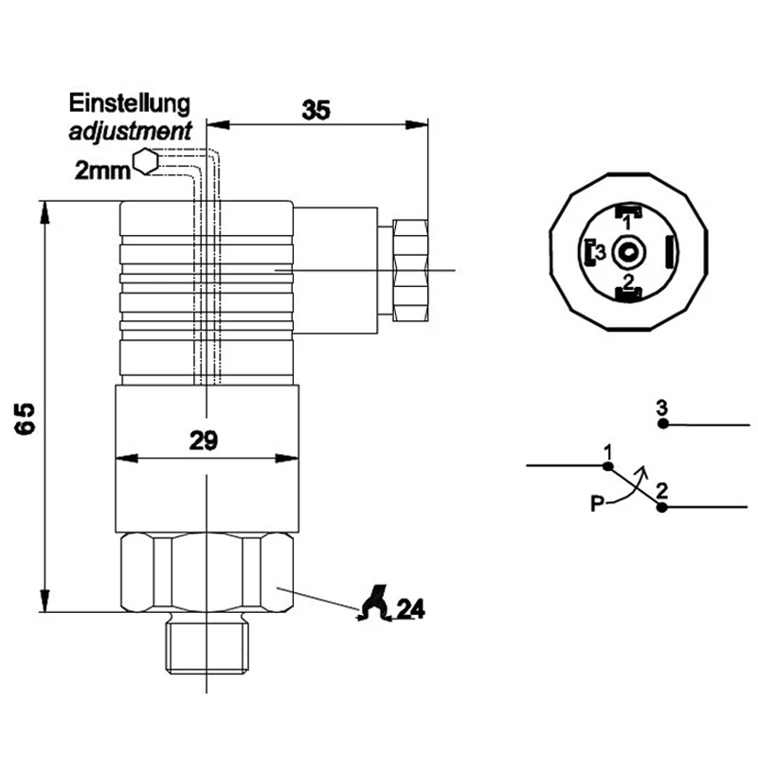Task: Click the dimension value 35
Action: point(316,110)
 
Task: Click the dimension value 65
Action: point(26,418)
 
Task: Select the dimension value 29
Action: point(204,440)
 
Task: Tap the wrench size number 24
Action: point(409,609)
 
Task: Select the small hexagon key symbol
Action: point(146,162)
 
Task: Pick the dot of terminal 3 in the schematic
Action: point(663,424)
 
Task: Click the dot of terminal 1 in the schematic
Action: point(608,465)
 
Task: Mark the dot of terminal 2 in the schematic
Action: point(661,508)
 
